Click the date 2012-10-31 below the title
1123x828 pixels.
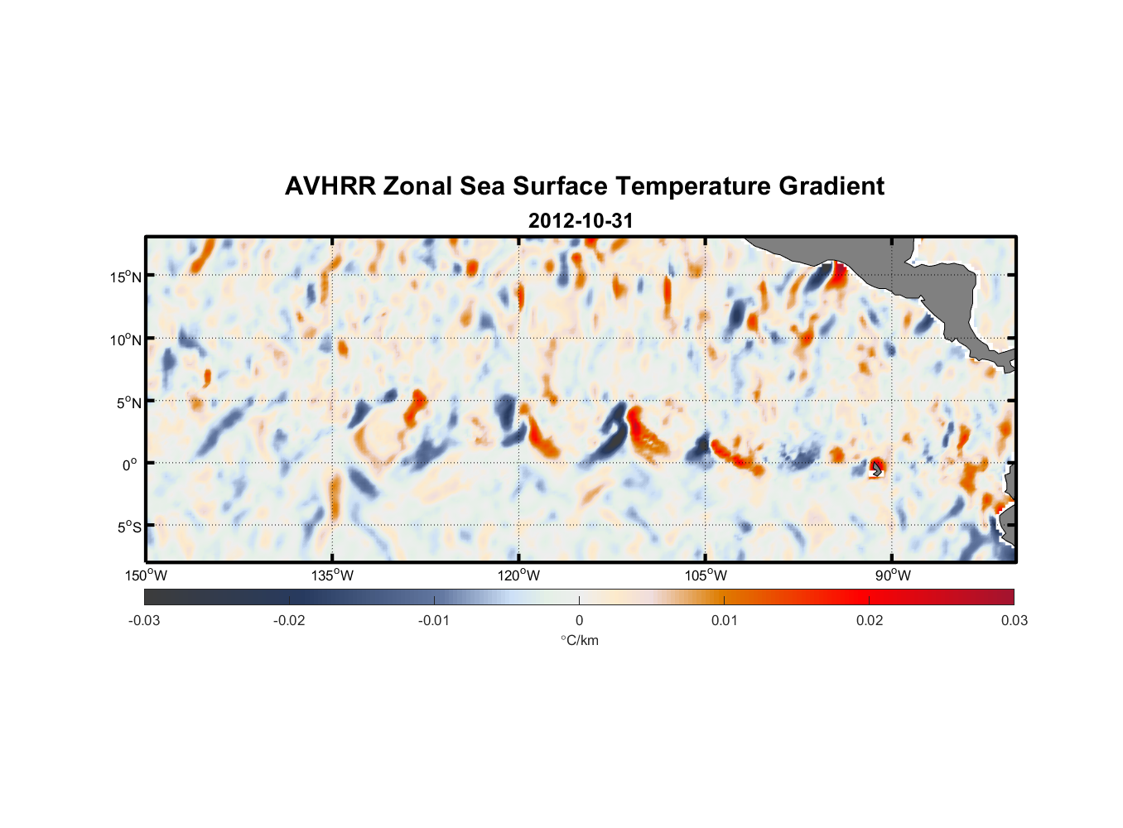pos(581,221)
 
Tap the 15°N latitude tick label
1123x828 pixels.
pos(126,277)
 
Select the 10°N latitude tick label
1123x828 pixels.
pos(126,339)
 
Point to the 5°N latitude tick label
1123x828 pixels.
pos(128,402)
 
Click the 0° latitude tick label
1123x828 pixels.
pos(130,465)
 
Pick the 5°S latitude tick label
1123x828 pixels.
pos(128,527)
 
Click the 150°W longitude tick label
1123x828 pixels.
pos(147,575)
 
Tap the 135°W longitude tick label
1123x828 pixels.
pos(333,575)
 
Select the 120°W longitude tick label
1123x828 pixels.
pos(519,575)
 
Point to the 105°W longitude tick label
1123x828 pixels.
pos(706,575)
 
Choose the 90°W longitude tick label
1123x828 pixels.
pos(893,575)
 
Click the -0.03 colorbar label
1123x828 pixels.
pos(144,620)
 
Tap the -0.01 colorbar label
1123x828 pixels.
pos(434,620)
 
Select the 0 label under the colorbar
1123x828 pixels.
pos(579,620)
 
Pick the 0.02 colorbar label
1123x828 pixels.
pos(870,620)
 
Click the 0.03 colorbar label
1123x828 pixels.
pos(1014,620)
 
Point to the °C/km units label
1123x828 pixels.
pos(579,640)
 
